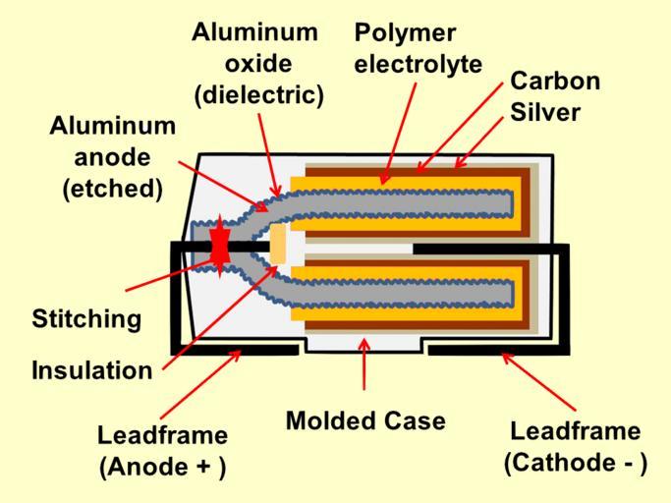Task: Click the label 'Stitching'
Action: tap(86, 319)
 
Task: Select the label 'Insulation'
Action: tap(92, 370)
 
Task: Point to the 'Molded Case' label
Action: tap(365, 421)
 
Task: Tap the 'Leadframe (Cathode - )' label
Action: tap(576, 447)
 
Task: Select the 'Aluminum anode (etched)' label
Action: tap(112, 157)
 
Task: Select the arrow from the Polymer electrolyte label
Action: tap(398, 132)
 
